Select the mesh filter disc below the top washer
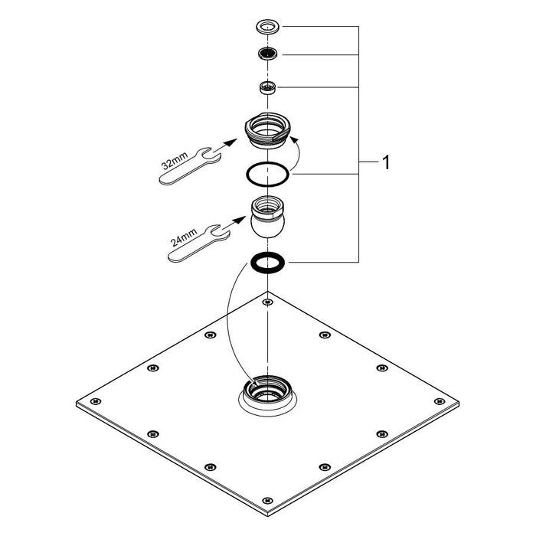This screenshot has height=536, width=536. click(x=266, y=54)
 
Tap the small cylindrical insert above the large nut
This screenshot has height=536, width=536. click(x=266, y=86)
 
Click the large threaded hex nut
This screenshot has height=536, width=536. click(x=266, y=129)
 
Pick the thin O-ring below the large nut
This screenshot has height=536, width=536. click(x=266, y=175)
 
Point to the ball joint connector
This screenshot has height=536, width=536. click(x=266, y=219)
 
